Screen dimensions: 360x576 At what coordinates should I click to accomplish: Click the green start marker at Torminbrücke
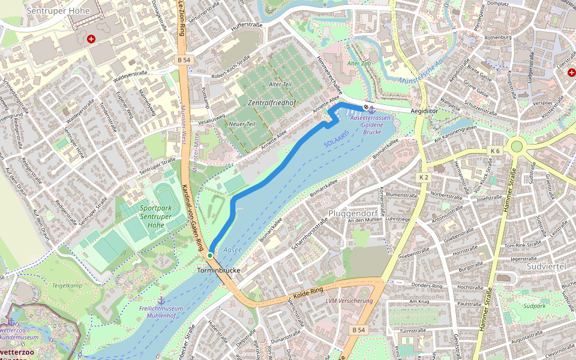click(x=210, y=256)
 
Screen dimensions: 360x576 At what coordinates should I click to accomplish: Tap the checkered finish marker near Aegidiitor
click(x=366, y=107)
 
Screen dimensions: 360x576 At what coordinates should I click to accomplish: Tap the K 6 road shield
click(x=495, y=150)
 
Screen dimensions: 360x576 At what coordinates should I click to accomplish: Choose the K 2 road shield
click(x=424, y=177)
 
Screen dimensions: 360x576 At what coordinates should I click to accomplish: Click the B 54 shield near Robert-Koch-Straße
click(x=184, y=60)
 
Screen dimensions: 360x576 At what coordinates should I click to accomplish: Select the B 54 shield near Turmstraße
click(x=359, y=330)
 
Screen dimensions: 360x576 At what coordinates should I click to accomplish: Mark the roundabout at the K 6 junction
click(x=515, y=146)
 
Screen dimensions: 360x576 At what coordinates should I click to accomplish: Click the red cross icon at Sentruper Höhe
click(x=91, y=39)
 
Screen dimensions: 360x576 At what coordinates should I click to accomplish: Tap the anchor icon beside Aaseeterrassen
click(x=371, y=109)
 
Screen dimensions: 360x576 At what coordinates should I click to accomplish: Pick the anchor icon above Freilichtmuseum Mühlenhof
click(x=161, y=299)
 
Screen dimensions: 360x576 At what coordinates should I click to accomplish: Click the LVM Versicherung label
click(x=349, y=301)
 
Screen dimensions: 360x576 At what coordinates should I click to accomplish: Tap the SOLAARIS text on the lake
click(x=335, y=144)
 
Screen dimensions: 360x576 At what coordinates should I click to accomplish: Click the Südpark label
click(x=534, y=306)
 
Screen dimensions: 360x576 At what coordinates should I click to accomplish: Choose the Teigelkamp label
click(x=67, y=286)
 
